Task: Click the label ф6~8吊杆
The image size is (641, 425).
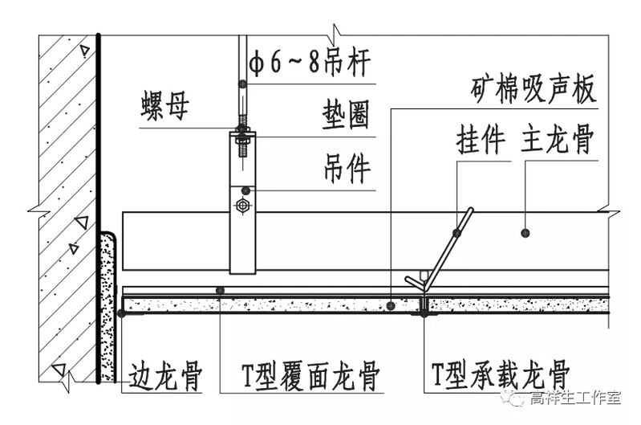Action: point(310,63)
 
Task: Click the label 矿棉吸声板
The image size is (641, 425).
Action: point(533,90)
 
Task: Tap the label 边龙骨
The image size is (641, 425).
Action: point(165,375)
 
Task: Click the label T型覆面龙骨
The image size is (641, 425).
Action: point(310,375)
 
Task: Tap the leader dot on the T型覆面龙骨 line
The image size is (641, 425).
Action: point(221,290)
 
